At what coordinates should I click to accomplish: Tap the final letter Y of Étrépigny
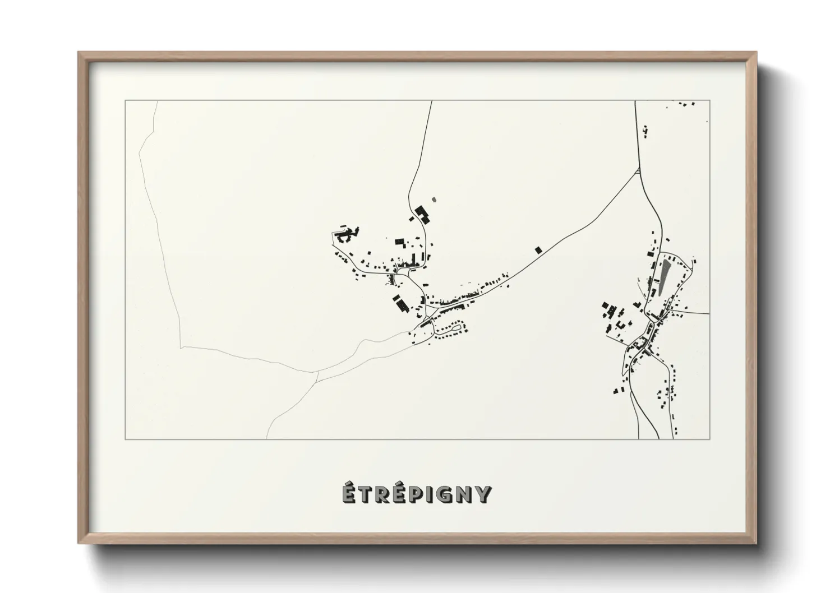pos(483,495)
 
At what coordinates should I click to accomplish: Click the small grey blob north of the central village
pos(433,198)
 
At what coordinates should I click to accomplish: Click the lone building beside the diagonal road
pos(539,249)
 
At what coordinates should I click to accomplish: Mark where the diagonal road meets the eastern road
pos(639,169)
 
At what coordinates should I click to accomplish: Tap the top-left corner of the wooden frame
pos(79,53)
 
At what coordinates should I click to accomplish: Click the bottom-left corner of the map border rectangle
pos(125,439)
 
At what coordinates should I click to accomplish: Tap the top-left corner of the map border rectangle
pos(125,101)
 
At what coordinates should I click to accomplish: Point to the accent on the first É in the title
pos(349,485)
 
